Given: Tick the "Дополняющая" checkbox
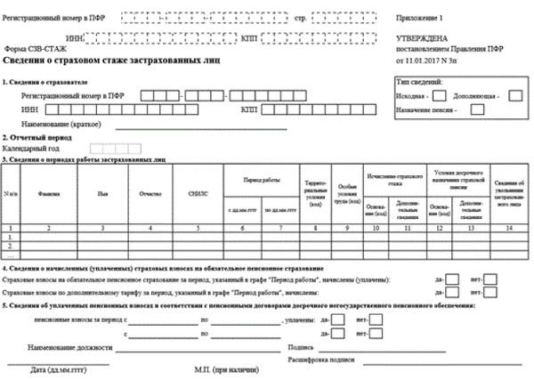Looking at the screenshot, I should pyautogui.click(x=514, y=96).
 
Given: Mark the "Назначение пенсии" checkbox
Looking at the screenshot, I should pyautogui.click(x=478, y=110).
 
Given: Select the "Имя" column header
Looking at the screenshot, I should pyautogui.click(x=102, y=191).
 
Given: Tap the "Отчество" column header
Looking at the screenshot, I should pyautogui.click(x=149, y=191).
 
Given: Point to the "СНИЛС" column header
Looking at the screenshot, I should pyautogui.click(x=197, y=191).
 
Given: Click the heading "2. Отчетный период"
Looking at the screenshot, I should pyautogui.click(x=37, y=138).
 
